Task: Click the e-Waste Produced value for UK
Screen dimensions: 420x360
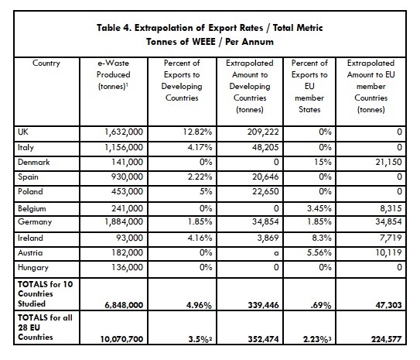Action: click(x=124, y=132)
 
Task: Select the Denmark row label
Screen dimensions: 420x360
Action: click(x=34, y=162)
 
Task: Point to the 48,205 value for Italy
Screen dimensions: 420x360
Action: click(x=265, y=147)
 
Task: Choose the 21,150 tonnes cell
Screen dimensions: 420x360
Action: click(x=388, y=162)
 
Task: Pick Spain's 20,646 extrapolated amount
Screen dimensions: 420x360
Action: click(x=265, y=177)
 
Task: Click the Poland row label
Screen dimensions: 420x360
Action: click(x=30, y=192)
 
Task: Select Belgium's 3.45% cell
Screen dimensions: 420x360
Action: click(x=319, y=208)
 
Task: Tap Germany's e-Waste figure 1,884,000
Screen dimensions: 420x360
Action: click(x=124, y=221)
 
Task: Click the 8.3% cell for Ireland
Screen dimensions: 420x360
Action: click(x=322, y=238)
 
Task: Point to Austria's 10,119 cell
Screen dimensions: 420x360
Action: click(x=388, y=252)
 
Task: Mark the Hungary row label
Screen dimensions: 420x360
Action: click(x=33, y=268)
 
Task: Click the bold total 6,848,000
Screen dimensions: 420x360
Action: click(x=124, y=305)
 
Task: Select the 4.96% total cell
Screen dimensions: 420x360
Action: click(x=199, y=305)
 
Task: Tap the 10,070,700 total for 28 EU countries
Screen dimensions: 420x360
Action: click(x=122, y=339)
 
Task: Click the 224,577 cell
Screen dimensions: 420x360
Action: click(x=387, y=339)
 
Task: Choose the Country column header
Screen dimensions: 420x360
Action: click(x=46, y=63)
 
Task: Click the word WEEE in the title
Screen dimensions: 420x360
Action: click(x=204, y=42)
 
